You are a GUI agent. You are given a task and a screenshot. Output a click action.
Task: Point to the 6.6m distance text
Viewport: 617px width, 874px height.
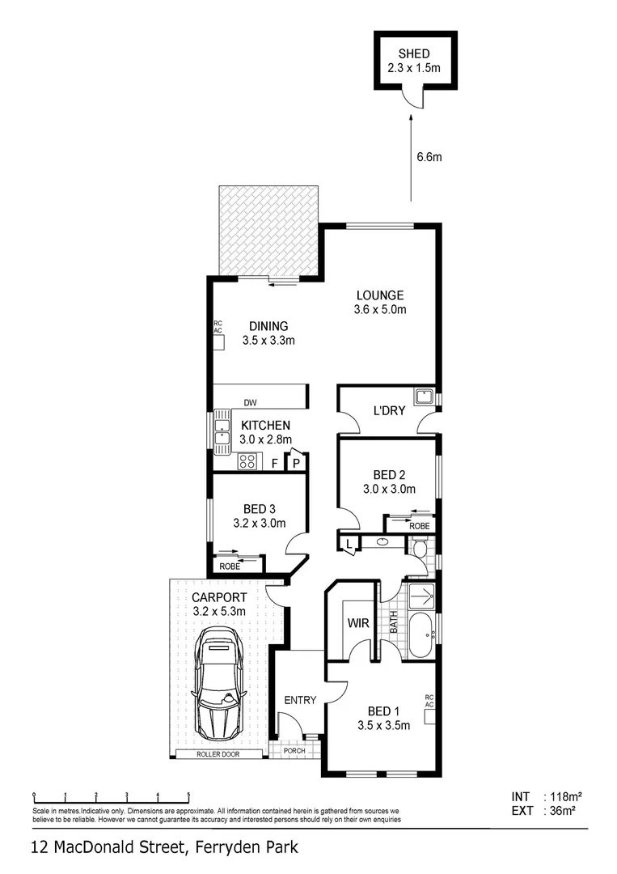click(429, 157)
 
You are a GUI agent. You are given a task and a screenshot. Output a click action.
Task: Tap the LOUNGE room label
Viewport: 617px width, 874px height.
click(379, 295)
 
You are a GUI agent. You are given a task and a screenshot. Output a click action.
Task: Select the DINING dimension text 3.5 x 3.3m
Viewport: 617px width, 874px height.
click(268, 341)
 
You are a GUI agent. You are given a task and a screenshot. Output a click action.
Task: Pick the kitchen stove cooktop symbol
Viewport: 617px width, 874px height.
click(247, 462)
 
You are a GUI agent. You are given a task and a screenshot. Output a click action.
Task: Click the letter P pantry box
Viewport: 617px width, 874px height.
click(296, 463)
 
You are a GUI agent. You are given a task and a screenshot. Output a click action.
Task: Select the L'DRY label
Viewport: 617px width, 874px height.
click(388, 411)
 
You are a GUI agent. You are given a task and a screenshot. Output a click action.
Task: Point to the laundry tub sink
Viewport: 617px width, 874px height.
click(424, 397)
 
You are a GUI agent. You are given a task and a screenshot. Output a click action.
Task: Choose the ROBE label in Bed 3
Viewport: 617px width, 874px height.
click(230, 566)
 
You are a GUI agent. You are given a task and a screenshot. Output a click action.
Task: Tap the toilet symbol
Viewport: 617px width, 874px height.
click(419, 549)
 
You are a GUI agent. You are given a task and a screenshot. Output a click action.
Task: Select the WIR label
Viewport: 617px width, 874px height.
click(358, 624)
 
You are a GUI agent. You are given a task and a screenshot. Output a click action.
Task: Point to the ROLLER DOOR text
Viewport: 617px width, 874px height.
click(218, 754)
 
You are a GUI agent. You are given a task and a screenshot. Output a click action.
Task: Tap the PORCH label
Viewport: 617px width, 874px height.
click(294, 750)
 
